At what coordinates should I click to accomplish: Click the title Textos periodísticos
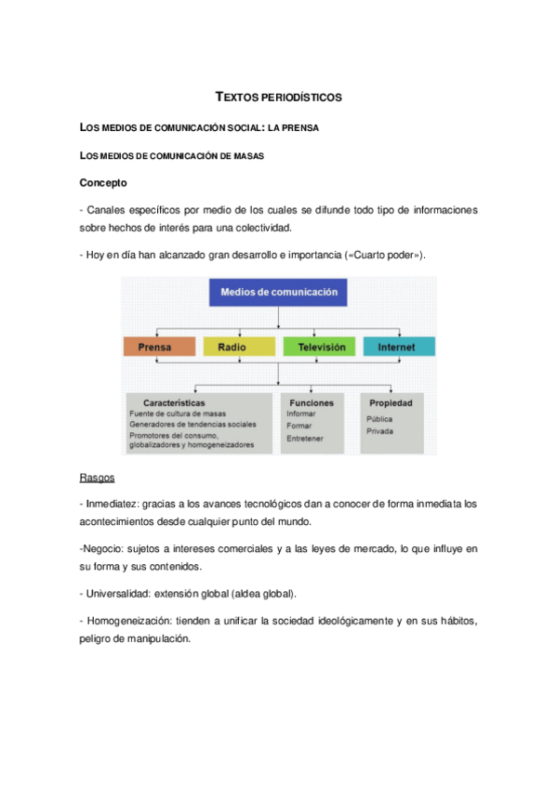point(278,97)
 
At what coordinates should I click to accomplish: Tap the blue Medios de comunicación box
point(279,293)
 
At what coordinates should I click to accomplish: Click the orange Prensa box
point(159,347)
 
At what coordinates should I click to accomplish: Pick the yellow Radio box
point(232,347)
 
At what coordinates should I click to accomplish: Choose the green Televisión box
point(321,347)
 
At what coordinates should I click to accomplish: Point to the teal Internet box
point(399,347)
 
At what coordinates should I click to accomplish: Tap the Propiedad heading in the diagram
point(391,402)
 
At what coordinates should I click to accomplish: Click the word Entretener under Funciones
point(306,438)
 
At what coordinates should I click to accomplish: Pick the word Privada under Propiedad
point(379,431)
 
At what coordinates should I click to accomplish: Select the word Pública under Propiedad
point(379,419)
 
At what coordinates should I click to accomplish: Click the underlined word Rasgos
point(98,478)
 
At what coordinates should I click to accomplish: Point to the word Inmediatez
point(113,504)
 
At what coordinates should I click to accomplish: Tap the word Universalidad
point(118,593)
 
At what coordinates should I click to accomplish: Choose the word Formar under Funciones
point(300,426)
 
